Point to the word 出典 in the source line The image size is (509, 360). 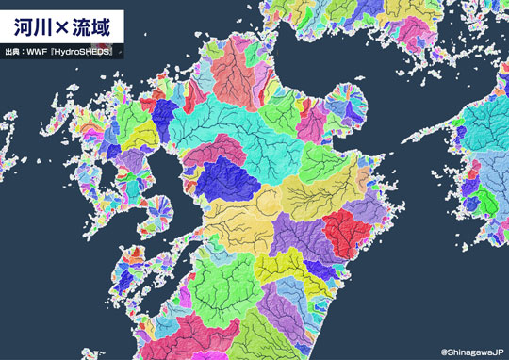(13, 51)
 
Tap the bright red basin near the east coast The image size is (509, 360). (346, 231)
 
